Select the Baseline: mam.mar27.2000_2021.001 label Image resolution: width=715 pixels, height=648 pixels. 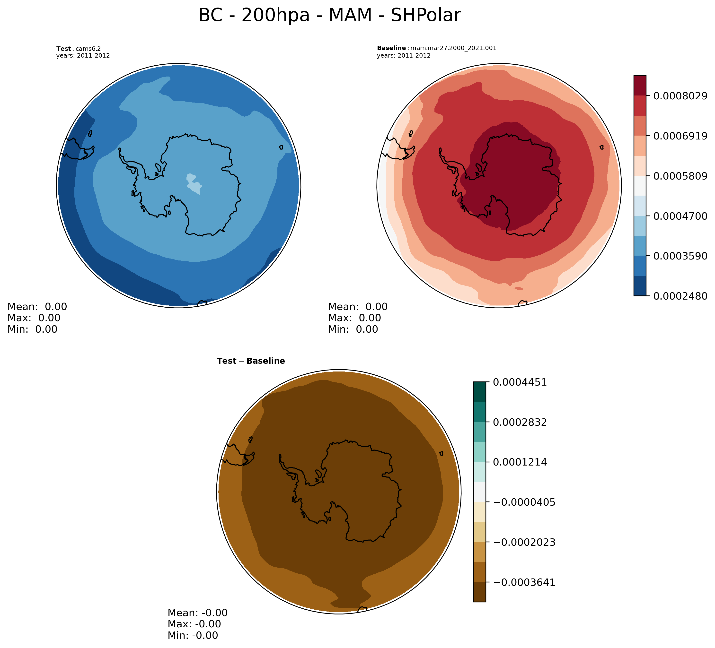[436, 48]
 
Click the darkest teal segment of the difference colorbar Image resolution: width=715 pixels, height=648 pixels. [479, 392]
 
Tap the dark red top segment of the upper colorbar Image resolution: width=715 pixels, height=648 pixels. [640, 86]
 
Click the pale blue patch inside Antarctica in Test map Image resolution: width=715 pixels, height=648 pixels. [194, 183]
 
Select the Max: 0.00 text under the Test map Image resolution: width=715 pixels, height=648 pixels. [34, 318]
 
